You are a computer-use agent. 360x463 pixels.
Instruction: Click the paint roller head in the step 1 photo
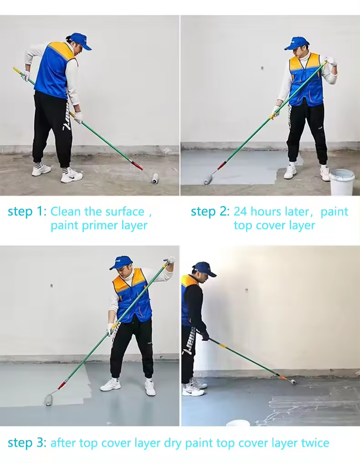coord(155,178)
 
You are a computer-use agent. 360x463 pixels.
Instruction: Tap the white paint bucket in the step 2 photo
coord(342,182)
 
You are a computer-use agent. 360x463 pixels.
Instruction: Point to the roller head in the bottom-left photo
coord(48,400)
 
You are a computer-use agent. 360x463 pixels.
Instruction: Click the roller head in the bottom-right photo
coord(293,382)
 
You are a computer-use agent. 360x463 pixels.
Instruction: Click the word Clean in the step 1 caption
coord(65,211)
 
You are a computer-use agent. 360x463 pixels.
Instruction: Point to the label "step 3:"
coord(27,443)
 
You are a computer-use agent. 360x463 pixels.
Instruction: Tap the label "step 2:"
coord(210,212)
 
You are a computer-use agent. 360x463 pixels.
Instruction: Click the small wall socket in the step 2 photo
coord(262,68)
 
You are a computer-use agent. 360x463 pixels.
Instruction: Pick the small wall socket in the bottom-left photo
coord(51,285)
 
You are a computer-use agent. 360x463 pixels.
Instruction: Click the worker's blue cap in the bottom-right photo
coord(205,269)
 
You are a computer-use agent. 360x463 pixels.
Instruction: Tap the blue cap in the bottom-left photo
coord(121,263)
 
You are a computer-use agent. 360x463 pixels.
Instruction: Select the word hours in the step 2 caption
coord(266,211)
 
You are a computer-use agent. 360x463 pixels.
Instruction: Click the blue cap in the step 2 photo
coord(297,43)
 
